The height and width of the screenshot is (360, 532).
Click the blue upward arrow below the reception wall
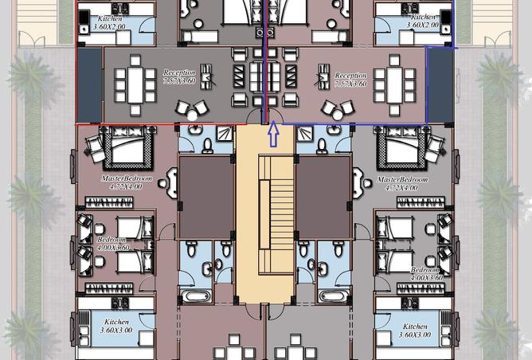click(x=273, y=135)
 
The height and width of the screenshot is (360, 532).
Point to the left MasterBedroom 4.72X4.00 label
click(x=122, y=183)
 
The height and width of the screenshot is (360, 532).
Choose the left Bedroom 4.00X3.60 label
click(x=111, y=243)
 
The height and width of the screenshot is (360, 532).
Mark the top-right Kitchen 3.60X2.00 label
click(x=423, y=22)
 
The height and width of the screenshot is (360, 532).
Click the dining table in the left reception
click(x=134, y=82)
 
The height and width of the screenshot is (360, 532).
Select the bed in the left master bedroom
click(x=119, y=147)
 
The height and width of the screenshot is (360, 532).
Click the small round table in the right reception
click(x=339, y=112)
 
